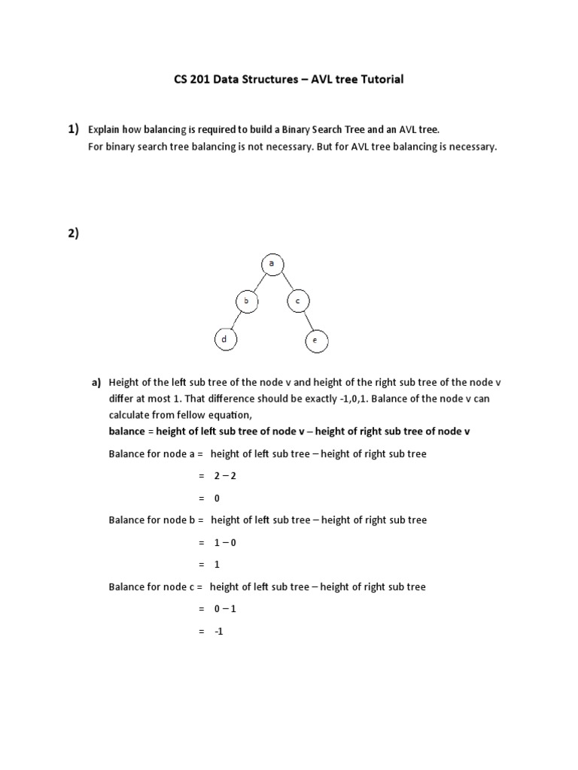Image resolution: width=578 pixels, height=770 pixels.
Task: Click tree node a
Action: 271,264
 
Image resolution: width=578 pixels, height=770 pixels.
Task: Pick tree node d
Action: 224,340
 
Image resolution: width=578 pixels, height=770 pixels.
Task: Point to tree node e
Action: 315,341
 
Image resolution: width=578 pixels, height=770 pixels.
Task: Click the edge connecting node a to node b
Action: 257,283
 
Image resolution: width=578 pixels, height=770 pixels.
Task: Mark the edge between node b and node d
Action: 234,321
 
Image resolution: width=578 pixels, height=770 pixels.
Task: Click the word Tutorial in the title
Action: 379,80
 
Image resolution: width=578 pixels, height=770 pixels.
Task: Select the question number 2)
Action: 72,233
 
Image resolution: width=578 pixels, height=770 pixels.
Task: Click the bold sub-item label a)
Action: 96,383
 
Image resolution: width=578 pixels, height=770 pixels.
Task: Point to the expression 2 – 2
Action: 225,476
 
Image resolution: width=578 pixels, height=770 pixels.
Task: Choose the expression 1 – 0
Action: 225,542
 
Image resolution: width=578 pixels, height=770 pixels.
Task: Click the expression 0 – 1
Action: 225,609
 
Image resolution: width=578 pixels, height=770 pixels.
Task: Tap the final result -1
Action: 218,632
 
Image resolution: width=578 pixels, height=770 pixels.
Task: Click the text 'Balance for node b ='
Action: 156,520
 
